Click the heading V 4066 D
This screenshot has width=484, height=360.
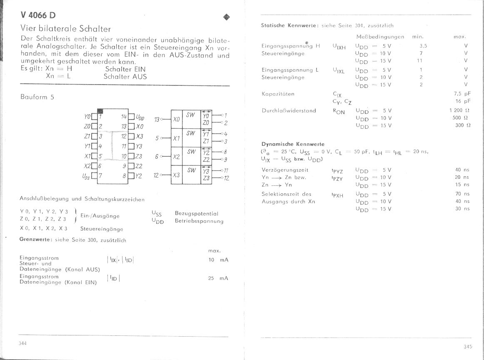(38, 15)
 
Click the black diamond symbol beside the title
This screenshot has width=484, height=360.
(227, 17)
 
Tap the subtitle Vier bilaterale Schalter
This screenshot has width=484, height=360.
(66, 29)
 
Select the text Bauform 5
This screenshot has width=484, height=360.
(37, 97)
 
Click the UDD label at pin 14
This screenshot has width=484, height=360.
(140, 117)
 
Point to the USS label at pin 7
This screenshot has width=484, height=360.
(87, 176)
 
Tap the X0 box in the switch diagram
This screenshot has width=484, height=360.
(177, 120)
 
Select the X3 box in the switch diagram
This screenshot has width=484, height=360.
(177, 175)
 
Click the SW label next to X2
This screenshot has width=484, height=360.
(191, 152)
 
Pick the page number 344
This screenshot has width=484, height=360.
(23, 343)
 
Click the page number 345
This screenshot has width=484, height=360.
(467, 346)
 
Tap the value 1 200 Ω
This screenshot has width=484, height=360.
(459, 110)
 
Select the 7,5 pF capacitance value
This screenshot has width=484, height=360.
(462, 94)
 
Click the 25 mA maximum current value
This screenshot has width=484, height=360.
(218, 278)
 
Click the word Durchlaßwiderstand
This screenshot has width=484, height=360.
(289, 110)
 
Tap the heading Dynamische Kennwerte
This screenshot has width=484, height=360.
(293, 144)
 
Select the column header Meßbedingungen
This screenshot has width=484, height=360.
(380, 37)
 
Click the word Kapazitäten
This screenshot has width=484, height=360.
(278, 94)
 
